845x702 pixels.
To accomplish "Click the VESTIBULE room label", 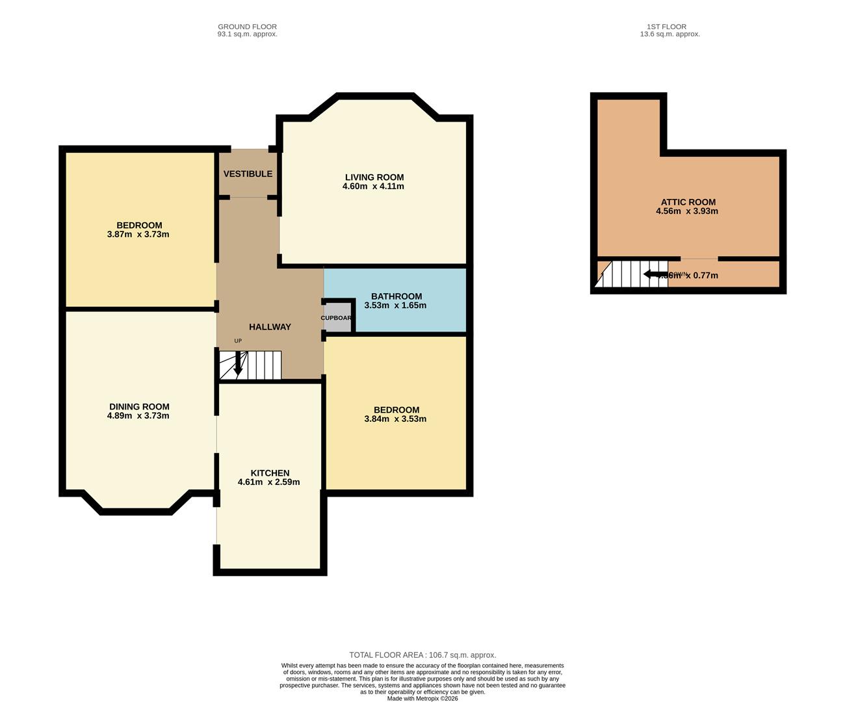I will [x=248, y=174].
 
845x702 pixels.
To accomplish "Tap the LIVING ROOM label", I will [x=374, y=177].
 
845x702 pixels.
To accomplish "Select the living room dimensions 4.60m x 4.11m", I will [x=373, y=187].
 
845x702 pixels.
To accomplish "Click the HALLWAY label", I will [x=270, y=327].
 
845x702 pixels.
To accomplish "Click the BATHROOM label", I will [x=396, y=296].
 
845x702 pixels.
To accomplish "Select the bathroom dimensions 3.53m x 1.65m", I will [x=395, y=305].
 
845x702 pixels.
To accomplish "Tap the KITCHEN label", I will [x=270, y=473].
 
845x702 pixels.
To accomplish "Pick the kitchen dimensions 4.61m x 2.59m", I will [x=268, y=482].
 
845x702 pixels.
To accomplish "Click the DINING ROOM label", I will [x=139, y=407].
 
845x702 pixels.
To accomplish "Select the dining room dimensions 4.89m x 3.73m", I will [x=138, y=416].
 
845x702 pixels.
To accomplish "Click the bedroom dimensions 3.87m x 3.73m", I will [x=138, y=235].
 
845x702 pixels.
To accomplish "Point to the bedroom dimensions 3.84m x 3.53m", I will [x=395, y=419].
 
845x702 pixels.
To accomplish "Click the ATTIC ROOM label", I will [x=688, y=202].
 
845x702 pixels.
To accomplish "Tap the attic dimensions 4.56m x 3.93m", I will [x=687, y=211].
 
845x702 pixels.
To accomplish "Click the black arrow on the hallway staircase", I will [x=238, y=364].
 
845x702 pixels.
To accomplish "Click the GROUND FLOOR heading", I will [x=247, y=27].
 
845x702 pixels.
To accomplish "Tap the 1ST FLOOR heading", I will [x=669, y=27].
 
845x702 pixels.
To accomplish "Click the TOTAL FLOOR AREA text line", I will [x=422, y=655].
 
